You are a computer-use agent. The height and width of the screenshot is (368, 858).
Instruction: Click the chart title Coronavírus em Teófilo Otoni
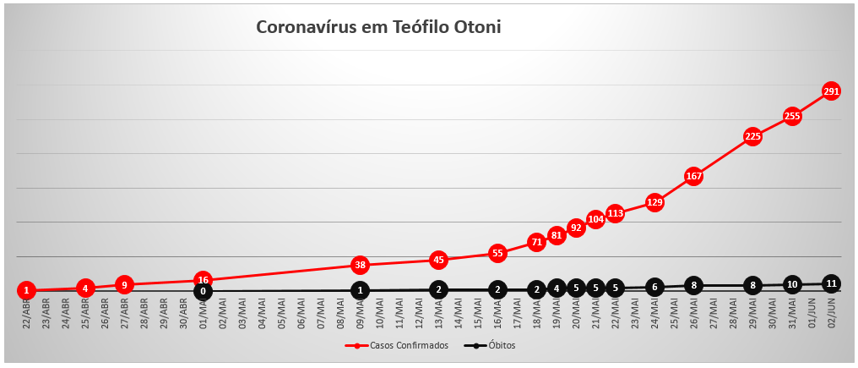[x=378, y=28]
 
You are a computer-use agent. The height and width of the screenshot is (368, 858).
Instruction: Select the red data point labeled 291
[x=831, y=91]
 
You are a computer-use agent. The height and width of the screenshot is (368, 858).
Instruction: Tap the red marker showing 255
[x=792, y=116]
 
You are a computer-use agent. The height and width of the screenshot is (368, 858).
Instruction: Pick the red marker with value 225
[x=752, y=136]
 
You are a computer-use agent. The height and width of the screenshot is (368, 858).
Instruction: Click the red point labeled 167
[x=693, y=176]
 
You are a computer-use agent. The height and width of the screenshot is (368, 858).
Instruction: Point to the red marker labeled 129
[x=654, y=202]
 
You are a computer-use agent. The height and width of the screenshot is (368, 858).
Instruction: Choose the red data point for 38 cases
[x=360, y=265]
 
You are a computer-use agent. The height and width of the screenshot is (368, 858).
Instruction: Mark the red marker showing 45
[x=438, y=260]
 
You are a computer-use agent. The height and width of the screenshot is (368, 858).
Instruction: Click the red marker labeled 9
[x=124, y=284]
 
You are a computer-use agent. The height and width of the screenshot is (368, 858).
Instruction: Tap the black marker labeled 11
[x=831, y=283]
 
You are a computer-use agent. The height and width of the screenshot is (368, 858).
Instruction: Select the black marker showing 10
[x=792, y=284]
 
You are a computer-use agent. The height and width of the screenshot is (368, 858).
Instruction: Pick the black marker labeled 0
[x=203, y=291]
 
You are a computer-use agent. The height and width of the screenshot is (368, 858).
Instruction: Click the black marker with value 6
[x=654, y=287]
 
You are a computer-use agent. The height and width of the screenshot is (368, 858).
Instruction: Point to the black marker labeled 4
[x=557, y=288]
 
